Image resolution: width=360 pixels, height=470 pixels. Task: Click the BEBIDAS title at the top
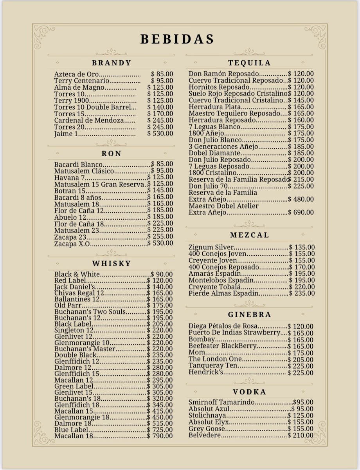click(x=177, y=39)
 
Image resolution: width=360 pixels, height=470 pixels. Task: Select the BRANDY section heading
click(x=112, y=63)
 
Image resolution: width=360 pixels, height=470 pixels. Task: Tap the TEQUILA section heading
click(x=249, y=63)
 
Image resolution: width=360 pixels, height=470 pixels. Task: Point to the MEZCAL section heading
click(x=249, y=235)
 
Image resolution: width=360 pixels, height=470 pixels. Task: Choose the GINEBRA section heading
click(x=249, y=315)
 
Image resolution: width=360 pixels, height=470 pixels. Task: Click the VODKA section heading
click(x=249, y=392)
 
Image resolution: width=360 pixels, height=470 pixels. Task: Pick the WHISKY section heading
click(x=112, y=264)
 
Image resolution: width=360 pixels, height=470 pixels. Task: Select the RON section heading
click(x=112, y=154)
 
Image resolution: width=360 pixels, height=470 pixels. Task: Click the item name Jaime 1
click(x=66, y=134)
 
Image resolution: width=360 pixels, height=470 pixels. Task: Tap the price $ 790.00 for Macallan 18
click(x=160, y=436)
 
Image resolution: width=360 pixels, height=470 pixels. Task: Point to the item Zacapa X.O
click(x=72, y=244)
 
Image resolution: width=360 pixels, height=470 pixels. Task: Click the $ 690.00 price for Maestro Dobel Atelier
click(x=301, y=213)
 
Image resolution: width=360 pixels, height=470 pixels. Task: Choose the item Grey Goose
click(x=207, y=429)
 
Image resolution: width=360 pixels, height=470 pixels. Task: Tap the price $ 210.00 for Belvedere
click(x=301, y=436)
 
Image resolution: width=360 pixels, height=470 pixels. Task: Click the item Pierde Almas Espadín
click(x=223, y=293)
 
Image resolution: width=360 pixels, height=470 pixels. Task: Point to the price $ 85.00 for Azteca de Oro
click(x=162, y=74)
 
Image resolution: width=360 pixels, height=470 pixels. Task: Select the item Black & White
click(x=77, y=275)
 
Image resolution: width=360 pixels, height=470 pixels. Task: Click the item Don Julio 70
click(x=208, y=186)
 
